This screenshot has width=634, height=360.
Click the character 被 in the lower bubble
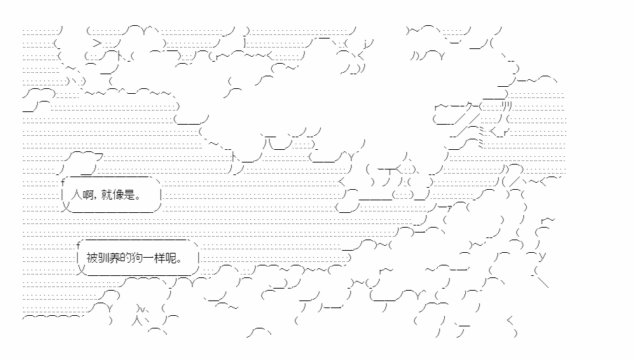92,257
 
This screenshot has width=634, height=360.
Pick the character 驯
102,257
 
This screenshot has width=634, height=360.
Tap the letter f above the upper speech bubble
62,182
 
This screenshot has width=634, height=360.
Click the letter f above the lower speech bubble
78,243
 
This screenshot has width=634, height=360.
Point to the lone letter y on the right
543,256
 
